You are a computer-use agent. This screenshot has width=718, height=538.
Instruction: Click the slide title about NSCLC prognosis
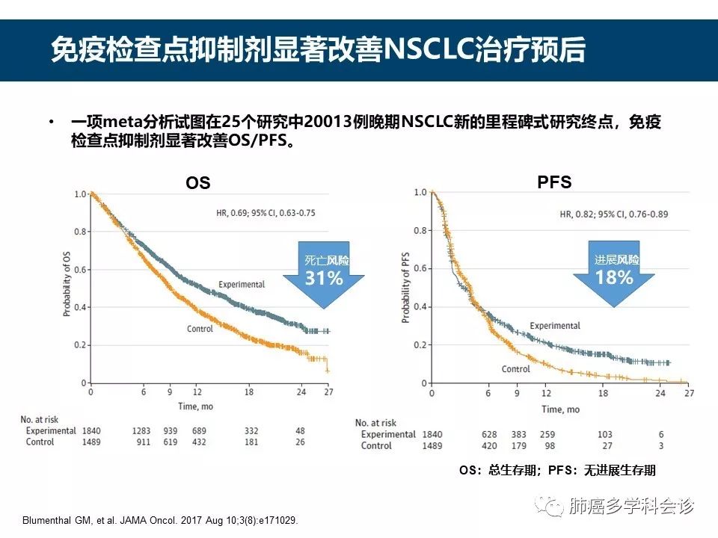(x=318, y=50)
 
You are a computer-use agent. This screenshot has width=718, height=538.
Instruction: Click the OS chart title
(x=197, y=183)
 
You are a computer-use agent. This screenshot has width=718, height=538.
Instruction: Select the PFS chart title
(x=554, y=182)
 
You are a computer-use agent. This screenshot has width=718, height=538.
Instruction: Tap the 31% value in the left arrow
(x=323, y=279)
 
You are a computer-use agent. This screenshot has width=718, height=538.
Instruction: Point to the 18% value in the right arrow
(x=614, y=277)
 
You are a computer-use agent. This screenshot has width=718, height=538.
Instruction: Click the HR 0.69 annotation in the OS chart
(x=266, y=213)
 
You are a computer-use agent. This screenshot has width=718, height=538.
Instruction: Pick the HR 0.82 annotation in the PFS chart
(x=613, y=214)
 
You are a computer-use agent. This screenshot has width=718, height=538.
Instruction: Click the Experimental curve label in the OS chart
(x=241, y=285)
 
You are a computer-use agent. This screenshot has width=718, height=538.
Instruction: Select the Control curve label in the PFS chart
(x=515, y=369)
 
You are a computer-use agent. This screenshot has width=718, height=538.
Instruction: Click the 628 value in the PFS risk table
(x=490, y=435)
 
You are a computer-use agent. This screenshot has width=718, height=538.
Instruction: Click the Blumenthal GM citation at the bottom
(x=160, y=521)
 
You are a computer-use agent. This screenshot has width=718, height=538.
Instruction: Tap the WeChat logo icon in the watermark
(x=554, y=507)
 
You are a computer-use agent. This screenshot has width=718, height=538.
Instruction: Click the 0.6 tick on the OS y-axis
(x=79, y=270)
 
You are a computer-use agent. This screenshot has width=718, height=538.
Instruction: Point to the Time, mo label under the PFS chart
(x=560, y=409)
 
